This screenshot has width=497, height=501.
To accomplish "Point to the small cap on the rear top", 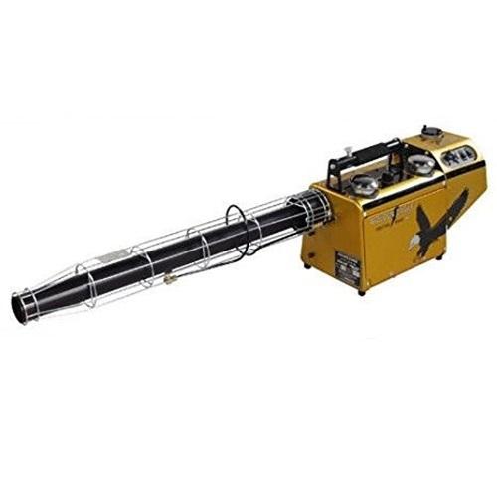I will coord(430,131).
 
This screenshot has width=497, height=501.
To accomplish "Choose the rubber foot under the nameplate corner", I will coord(361,289).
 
